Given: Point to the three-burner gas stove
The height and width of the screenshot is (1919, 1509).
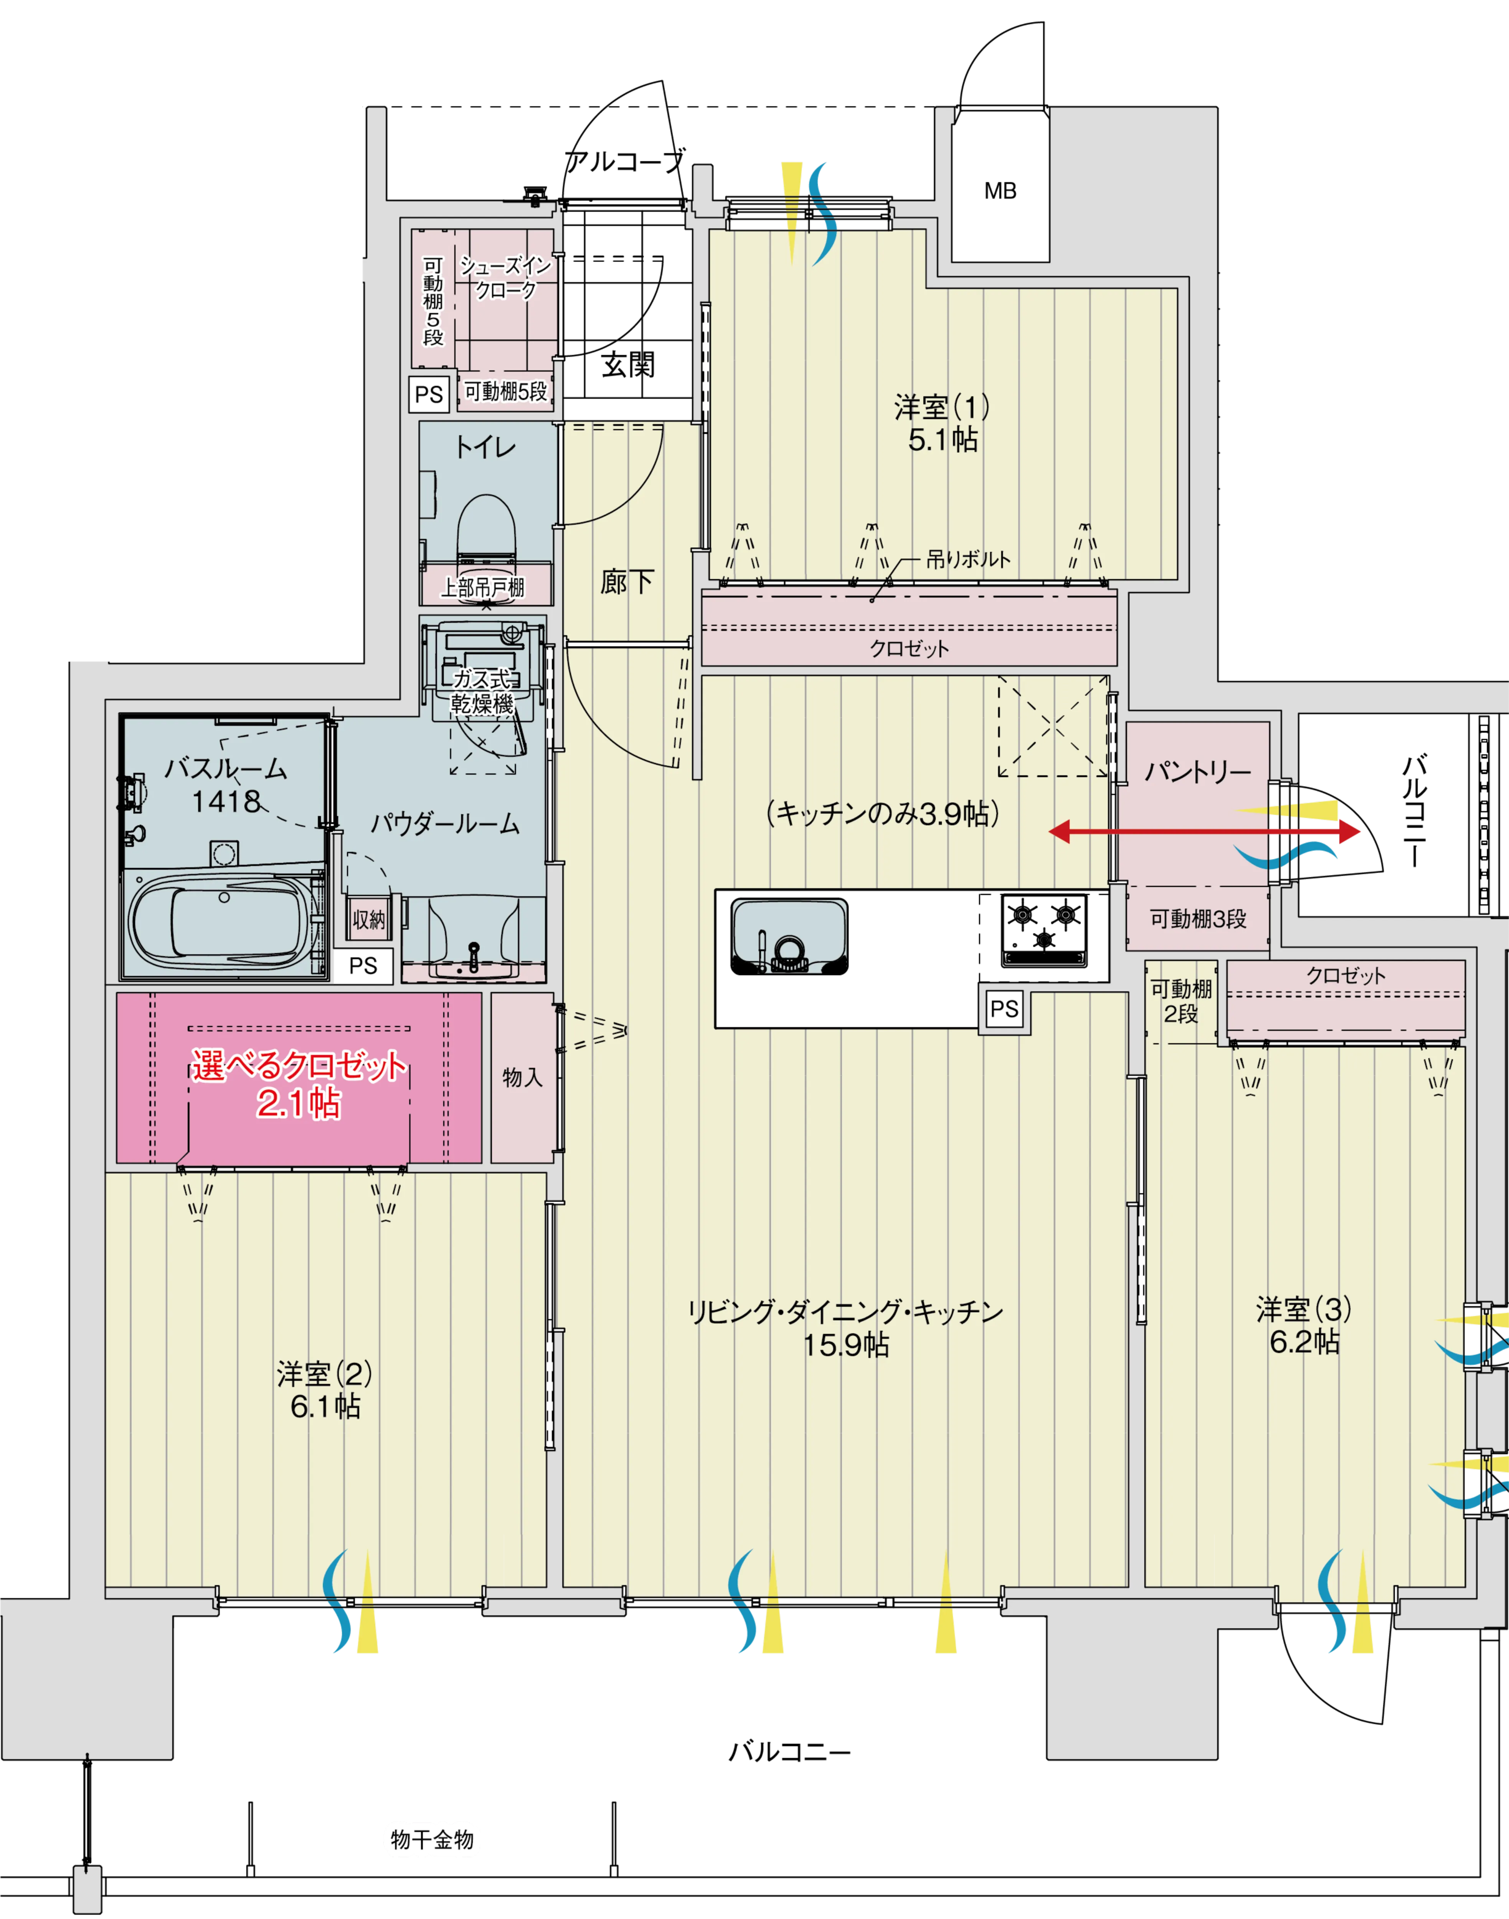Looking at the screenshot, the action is pos(1043,930).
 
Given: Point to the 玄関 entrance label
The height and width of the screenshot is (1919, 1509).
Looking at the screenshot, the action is pos(628,364).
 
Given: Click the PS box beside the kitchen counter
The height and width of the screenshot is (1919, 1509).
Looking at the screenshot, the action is pos(1004,1009).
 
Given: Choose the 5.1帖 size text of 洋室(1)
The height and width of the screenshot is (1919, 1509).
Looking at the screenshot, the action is pos(943,439).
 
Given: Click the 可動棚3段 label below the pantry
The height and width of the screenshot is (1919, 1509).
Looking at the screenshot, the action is pos(1198,919).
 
